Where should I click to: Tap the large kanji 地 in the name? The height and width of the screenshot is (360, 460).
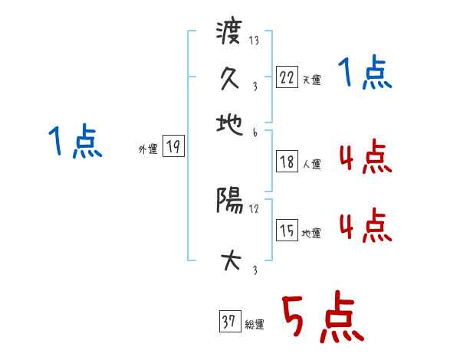pyautogui.click(x=229, y=123)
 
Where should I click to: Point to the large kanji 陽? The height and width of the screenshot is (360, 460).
pyautogui.click(x=229, y=201)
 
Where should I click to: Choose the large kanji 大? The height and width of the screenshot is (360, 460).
pyautogui.click(x=229, y=261)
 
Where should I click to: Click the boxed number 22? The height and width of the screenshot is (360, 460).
pyautogui.click(x=286, y=77)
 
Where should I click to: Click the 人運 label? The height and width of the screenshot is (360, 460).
pyautogui.click(x=312, y=164)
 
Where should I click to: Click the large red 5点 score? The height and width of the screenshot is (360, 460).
pyautogui.click(x=321, y=319)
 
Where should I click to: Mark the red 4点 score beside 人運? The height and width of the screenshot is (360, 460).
pyautogui.click(x=364, y=159)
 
